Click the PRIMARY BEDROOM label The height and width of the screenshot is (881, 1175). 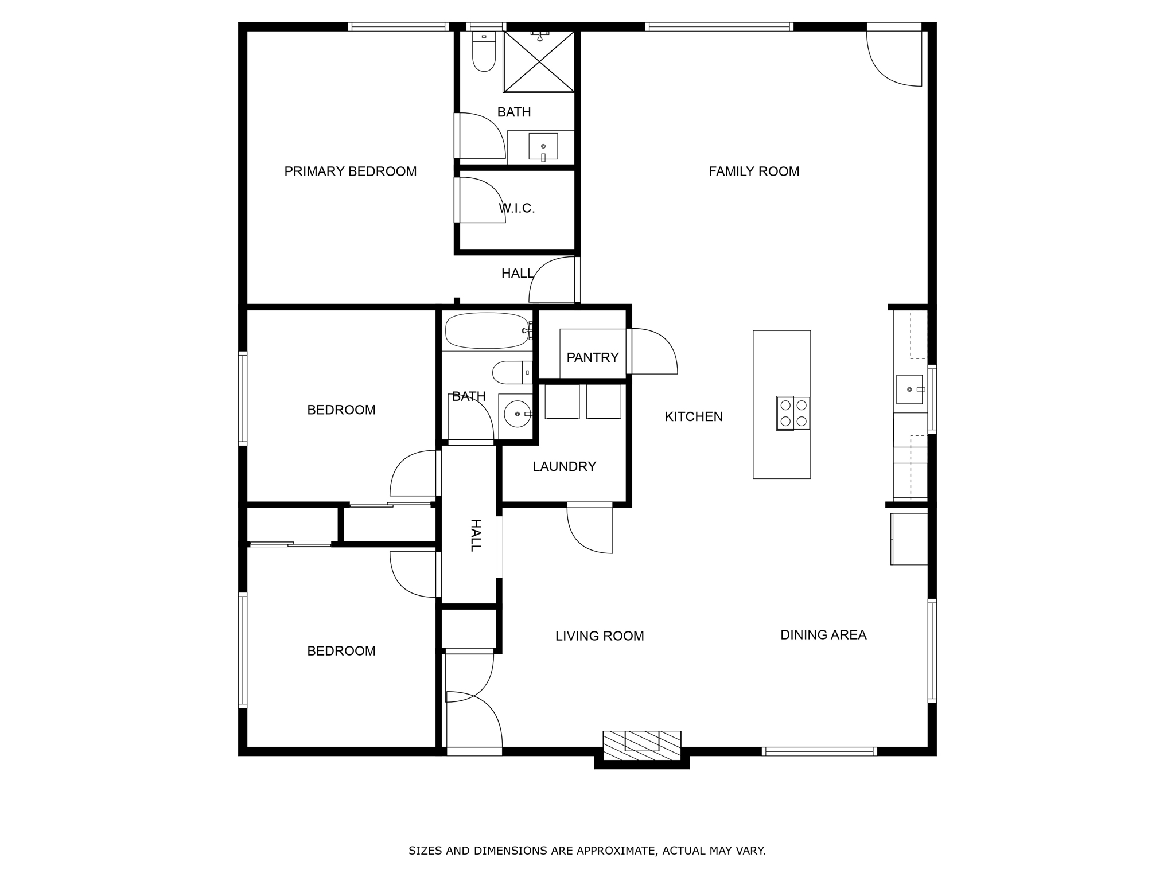pos(350,171)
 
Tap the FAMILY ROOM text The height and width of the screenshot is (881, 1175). pos(754,171)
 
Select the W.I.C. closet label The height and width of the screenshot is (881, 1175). pos(517,208)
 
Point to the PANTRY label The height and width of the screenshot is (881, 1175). pos(593,358)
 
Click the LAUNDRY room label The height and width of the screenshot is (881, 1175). pos(565,467)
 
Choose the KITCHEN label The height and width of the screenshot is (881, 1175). pos(694,417)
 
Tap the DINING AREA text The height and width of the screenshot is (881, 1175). pos(823,635)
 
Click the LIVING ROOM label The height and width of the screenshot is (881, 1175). pos(600,636)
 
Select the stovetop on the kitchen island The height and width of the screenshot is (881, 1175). pos(793,413)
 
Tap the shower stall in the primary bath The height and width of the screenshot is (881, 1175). pos(539,61)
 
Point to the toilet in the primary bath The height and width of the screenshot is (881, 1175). pos(484,51)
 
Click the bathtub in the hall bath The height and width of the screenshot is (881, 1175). pos(487,331)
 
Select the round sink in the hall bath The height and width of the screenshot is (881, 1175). pos(517,414)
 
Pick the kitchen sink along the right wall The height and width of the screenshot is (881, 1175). pos(910,389)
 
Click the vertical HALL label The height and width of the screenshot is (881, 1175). pos(475,535)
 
